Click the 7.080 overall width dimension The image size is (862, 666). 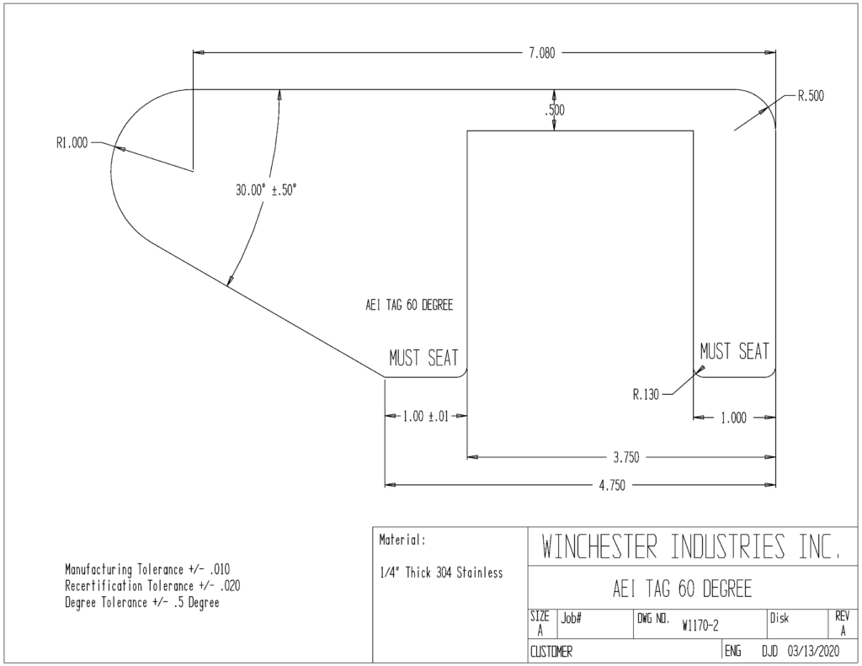click(x=541, y=53)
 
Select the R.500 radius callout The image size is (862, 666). click(x=811, y=96)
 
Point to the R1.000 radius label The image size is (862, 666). click(x=72, y=143)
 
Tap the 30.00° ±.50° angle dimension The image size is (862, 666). click(x=266, y=190)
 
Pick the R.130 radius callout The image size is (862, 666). click(x=646, y=395)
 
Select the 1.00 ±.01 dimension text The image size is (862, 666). click(x=426, y=416)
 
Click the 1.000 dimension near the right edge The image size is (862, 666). click(x=733, y=418)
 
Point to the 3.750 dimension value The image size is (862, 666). click(x=626, y=457)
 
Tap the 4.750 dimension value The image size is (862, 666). click(x=611, y=486)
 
